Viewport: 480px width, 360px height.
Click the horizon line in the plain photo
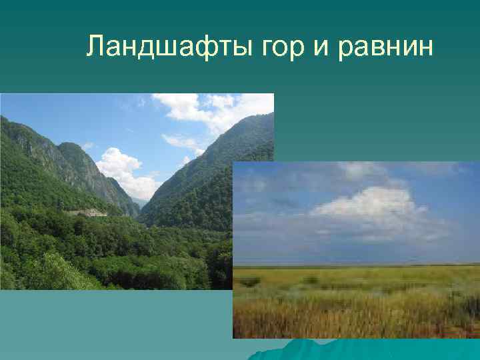[x=353, y=265]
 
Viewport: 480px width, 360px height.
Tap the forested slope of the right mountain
[x=200, y=193]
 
